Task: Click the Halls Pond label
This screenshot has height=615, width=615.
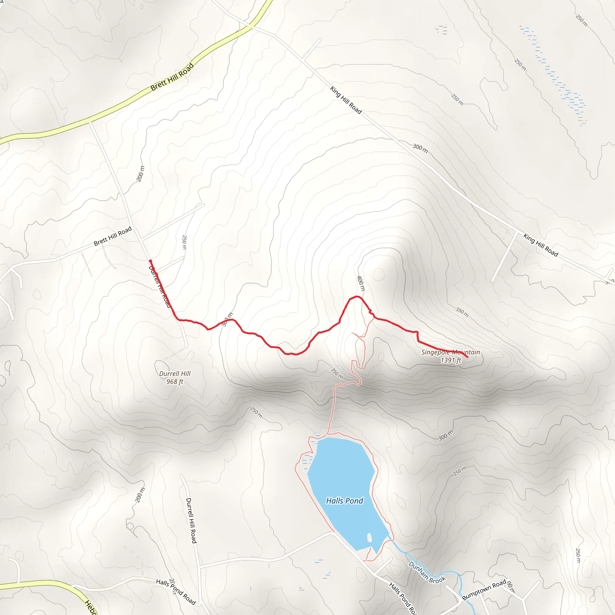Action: point(344,501)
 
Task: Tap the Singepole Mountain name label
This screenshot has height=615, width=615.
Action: point(450,352)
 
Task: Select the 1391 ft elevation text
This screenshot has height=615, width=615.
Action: point(451,360)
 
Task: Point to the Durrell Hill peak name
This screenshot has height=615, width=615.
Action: point(175,373)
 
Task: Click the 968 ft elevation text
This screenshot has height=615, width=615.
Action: point(175,381)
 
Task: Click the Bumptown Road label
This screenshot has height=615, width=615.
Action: point(484,590)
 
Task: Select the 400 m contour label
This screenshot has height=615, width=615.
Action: point(361,283)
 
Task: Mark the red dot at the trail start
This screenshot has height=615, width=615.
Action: point(150,261)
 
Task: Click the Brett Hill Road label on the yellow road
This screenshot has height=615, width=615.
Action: point(172,77)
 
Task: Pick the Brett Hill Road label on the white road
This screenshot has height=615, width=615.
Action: point(113,236)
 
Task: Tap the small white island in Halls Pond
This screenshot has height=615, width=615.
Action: point(369,538)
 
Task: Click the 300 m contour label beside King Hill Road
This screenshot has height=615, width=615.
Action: point(420,148)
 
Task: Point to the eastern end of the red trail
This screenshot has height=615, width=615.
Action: point(467,357)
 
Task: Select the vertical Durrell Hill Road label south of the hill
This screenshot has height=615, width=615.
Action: point(191,520)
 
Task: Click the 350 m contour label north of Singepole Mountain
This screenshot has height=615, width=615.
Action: point(462,312)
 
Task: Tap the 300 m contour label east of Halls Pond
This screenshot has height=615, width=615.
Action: point(445,435)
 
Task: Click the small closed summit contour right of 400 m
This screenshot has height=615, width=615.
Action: point(378,274)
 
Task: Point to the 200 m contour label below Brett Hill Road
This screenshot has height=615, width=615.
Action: point(140,174)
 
